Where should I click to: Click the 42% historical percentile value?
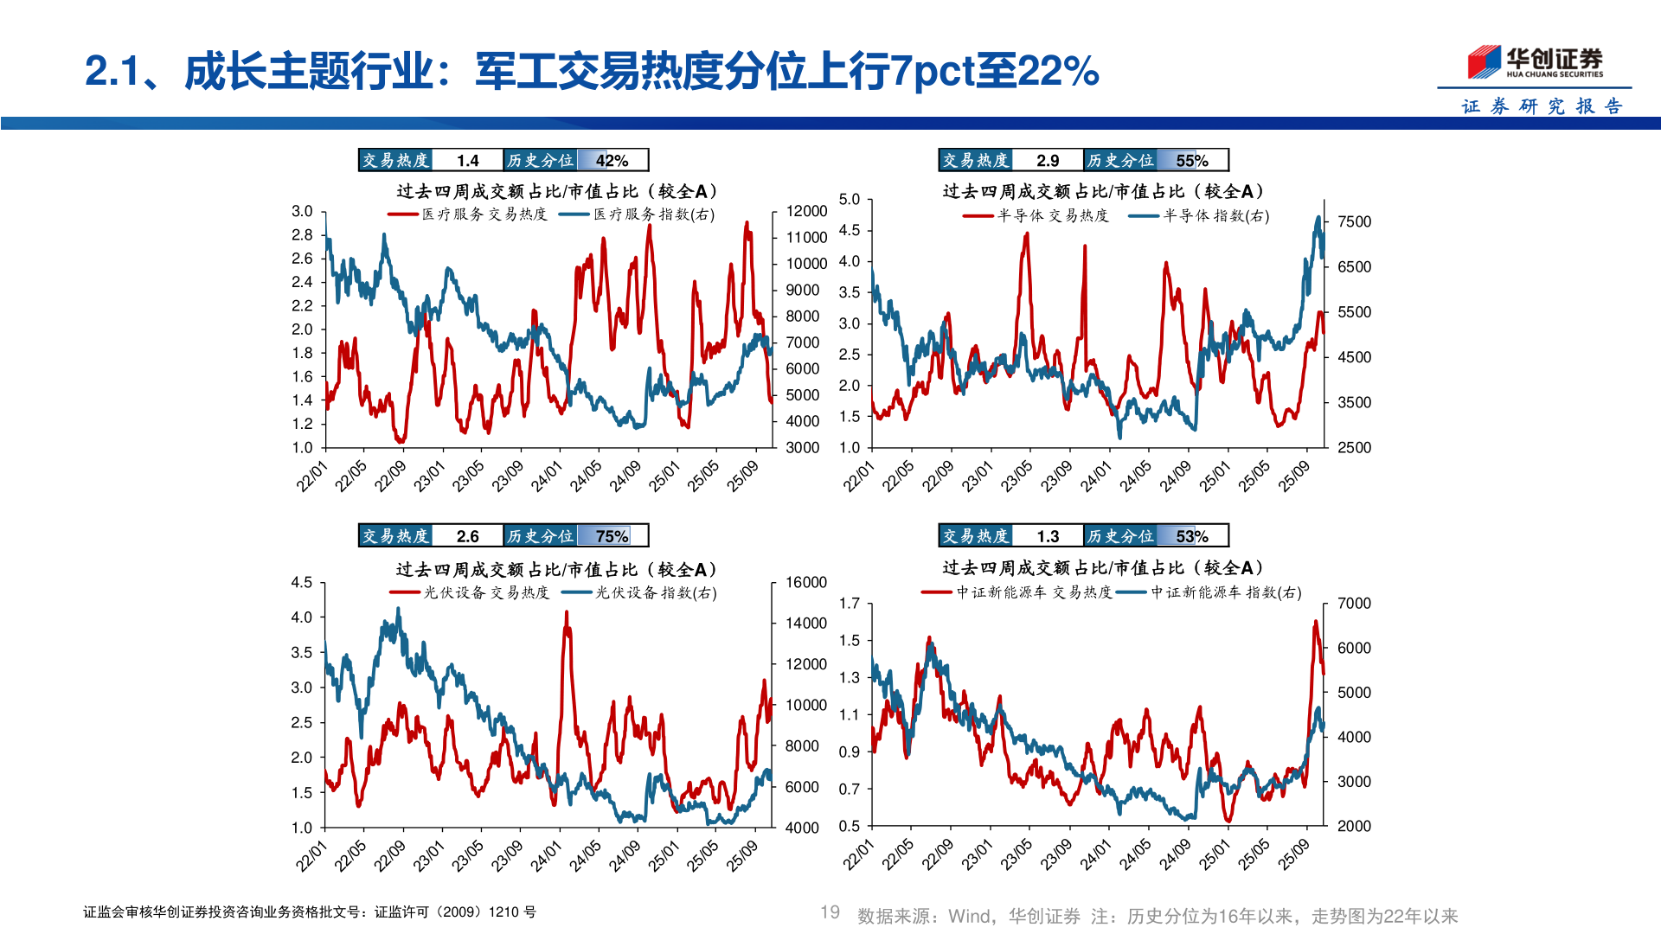tap(612, 161)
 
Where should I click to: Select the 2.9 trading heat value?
tap(1047, 161)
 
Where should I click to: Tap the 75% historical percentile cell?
tap(612, 536)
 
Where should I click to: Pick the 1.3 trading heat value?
tap(1047, 536)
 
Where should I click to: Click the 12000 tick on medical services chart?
tap(806, 211)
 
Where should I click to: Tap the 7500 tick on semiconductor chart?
tap(1354, 222)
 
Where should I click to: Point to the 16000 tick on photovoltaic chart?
tap(805, 583)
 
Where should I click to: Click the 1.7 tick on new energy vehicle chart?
tap(850, 604)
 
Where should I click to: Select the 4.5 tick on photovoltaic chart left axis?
tap(301, 583)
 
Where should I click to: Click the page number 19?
tap(830, 912)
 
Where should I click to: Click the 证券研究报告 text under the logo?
tap(1541, 106)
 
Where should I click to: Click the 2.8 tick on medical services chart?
tap(302, 235)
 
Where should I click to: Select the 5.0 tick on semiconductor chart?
tap(850, 200)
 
